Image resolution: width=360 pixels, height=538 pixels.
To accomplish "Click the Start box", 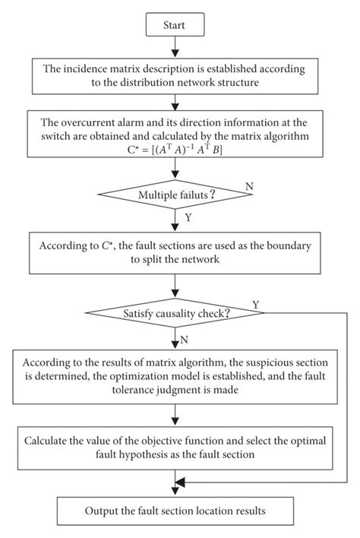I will (x=175, y=25).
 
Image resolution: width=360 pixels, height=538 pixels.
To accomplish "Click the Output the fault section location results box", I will (x=175, y=511).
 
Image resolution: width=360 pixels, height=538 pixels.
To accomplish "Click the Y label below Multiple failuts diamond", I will (x=188, y=218).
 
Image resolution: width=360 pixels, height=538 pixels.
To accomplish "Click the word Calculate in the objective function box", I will (x=48, y=440).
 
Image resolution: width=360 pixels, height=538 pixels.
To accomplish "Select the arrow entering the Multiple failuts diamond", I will (x=175, y=176).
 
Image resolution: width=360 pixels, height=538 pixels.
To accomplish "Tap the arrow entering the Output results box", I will (x=175, y=486).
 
